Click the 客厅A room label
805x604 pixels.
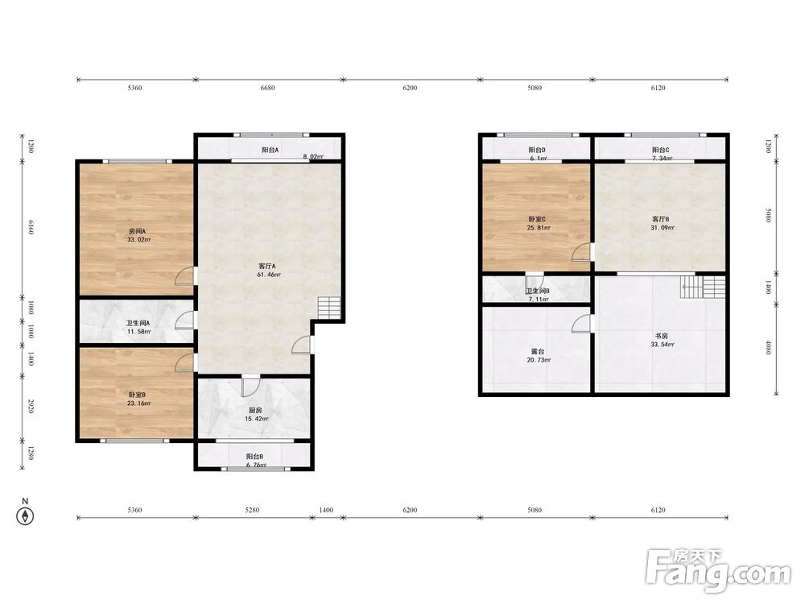(x=267, y=266)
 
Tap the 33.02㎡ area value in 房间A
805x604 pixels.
(x=139, y=240)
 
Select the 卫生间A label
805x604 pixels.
(x=138, y=324)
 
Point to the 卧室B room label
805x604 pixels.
(x=137, y=395)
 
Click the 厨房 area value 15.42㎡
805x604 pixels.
(x=256, y=419)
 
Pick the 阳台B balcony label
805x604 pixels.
(x=254, y=457)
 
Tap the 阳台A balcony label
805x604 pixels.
(x=270, y=150)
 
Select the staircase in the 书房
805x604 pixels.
(x=703, y=288)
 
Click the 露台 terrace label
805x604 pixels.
(x=538, y=352)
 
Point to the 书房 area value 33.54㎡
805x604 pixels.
(x=663, y=345)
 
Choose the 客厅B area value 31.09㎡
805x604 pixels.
(x=663, y=228)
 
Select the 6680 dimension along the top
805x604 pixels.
(x=267, y=88)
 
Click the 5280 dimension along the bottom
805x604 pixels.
(x=252, y=510)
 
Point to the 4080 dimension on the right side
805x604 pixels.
(x=769, y=347)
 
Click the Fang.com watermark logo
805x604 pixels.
(x=718, y=570)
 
